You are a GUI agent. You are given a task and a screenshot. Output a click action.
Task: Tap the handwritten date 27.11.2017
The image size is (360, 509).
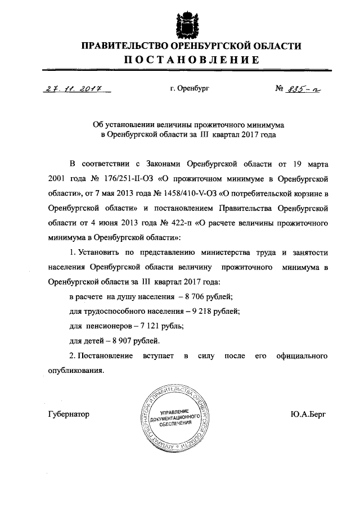click(x=70, y=88)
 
